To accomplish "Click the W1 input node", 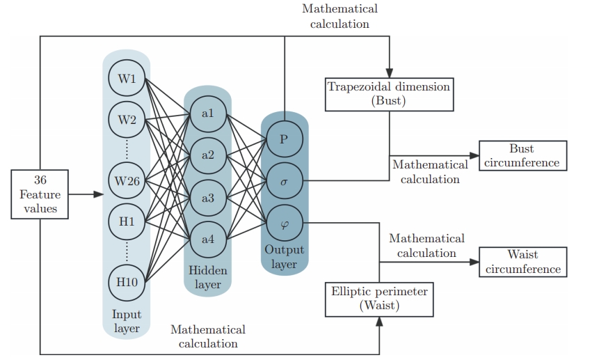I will [x=127, y=79].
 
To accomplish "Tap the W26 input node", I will [x=127, y=182].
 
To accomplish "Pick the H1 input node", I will [x=127, y=222].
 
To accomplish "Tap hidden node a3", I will [x=207, y=198].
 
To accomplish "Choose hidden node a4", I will [x=207, y=240].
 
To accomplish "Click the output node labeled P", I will [x=284, y=139].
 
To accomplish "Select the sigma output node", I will [x=284, y=180].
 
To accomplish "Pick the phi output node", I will [x=284, y=223].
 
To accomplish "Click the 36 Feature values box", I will [x=40, y=194].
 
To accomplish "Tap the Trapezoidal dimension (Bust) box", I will [x=389, y=94].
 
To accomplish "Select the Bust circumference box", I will [x=522, y=155].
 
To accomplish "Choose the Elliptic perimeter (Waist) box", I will [x=379, y=298].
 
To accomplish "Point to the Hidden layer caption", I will [x=207, y=277].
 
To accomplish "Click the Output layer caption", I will [x=284, y=257].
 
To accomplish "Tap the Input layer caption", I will [x=126, y=322].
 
